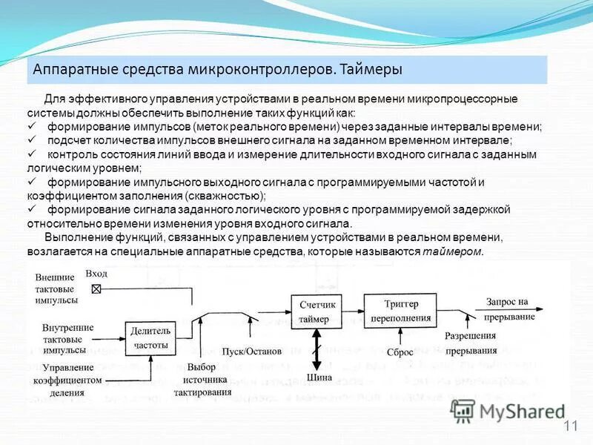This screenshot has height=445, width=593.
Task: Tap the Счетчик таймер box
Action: tap(318, 312)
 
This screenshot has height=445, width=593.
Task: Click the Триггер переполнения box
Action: tap(401, 311)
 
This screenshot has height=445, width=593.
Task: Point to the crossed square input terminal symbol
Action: tap(96, 289)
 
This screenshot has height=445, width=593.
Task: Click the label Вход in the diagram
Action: tap(96, 274)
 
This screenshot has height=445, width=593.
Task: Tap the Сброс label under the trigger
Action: tap(400, 353)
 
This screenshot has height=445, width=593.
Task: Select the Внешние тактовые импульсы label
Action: tap(55, 289)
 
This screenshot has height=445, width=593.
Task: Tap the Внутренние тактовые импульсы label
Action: tap(67, 338)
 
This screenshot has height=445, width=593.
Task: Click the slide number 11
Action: tap(569, 425)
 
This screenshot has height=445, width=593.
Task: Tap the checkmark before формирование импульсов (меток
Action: tap(32, 127)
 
